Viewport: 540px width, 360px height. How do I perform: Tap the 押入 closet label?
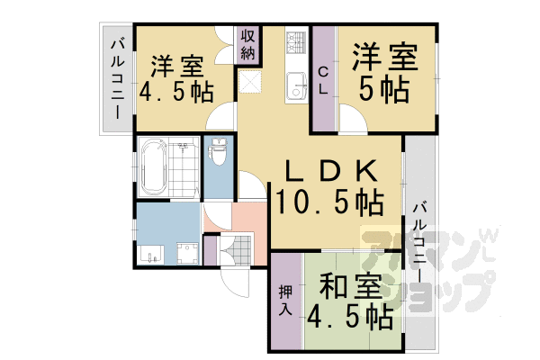[x=285, y=301]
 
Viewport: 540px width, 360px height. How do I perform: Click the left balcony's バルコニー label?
[x=117, y=79]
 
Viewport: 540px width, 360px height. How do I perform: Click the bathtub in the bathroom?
[x=153, y=166]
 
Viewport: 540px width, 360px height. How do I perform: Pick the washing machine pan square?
[x=185, y=250]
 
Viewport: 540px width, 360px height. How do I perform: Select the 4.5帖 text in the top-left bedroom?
[x=176, y=92]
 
